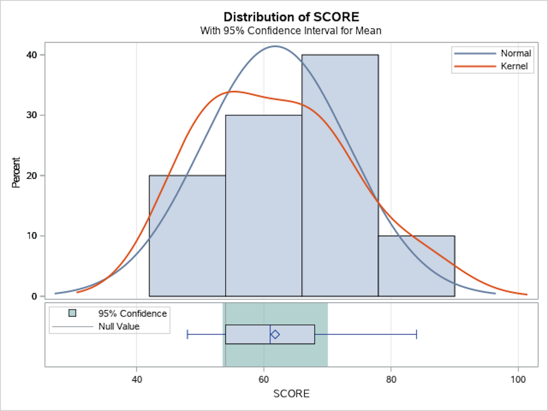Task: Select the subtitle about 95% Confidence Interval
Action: pos(291,31)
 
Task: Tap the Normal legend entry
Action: pos(516,54)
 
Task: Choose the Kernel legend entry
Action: pos(515,66)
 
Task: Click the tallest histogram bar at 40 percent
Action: pos(340,175)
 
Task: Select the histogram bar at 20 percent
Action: pos(187,236)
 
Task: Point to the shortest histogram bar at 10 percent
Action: pos(416,266)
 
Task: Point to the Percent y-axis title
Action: pos(16,173)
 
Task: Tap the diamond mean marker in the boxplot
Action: pos(275,334)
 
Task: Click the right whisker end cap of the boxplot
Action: pos(416,334)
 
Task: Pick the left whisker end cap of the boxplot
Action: pos(187,334)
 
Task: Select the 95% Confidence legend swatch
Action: pos(72,313)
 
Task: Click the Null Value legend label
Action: pos(119,327)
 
